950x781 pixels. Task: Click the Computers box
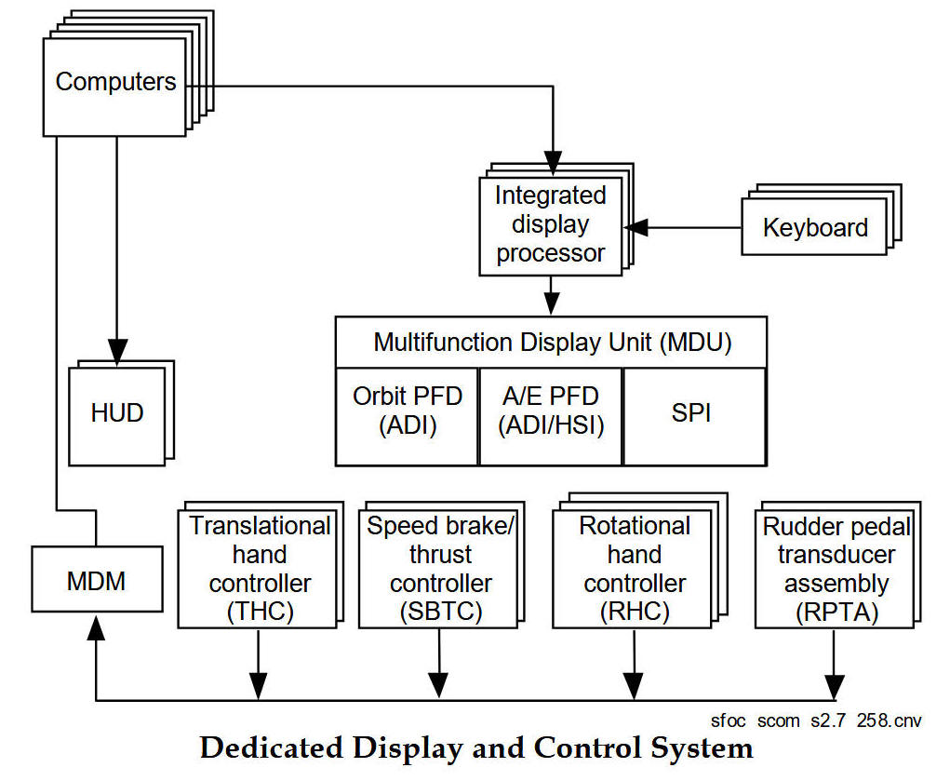pyautogui.click(x=114, y=82)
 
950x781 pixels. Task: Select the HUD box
pyautogui.click(x=117, y=413)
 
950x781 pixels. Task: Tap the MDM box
pyautogui.click(x=96, y=582)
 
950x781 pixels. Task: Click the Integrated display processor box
pyautogui.click(x=550, y=224)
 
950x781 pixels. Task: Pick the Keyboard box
pyautogui.click(x=814, y=228)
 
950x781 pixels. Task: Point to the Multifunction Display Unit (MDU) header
pyautogui.click(x=552, y=343)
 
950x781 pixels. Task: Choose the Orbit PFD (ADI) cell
pyautogui.click(x=407, y=411)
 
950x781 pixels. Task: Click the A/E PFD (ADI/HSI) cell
pyautogui.click(x=551, y=411)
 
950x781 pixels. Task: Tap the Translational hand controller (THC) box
pyautogui.click(x=260, y=568)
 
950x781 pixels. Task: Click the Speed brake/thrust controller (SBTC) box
pyautogui.click(x=440, y=568)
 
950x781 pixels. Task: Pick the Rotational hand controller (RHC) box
pyautogui.click(x=636, y=568)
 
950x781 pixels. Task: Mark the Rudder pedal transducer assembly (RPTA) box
pyautogui.click(x=836, y=568)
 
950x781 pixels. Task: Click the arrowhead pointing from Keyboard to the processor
pyautogui.click(x=636, y=226)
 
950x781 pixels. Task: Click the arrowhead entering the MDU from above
pyautogui.click(x=552, y=304)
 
